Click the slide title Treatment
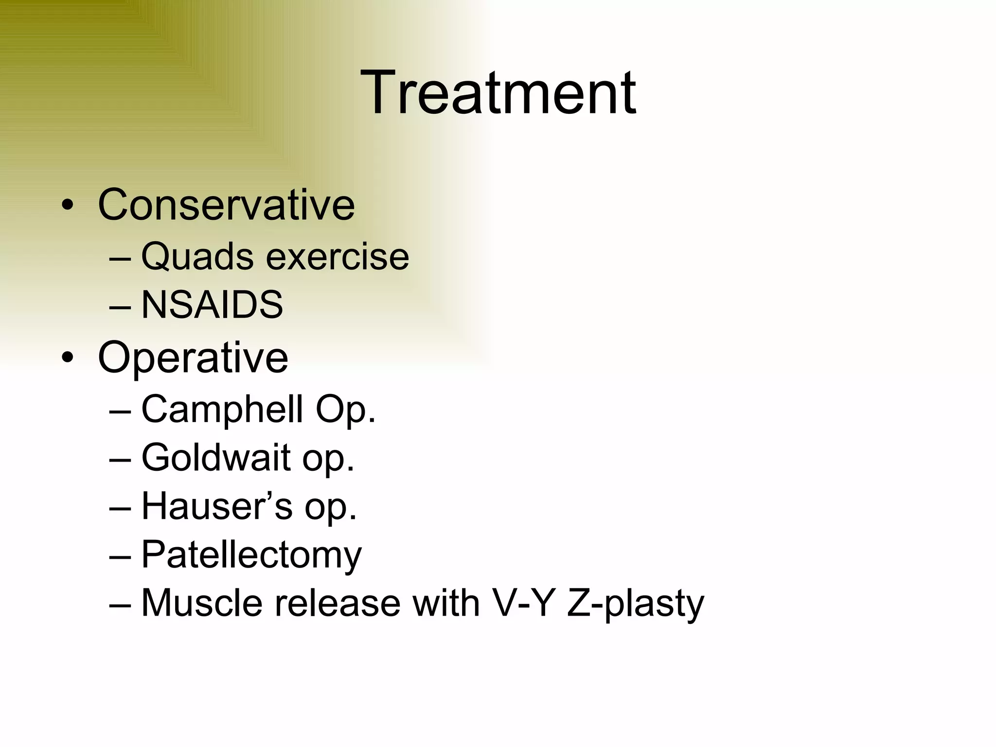(x=498, y=92)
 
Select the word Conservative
(x=226, y=205)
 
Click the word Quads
(x=197, y=256)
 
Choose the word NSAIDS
(x=212, y=305)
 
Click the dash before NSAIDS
(x=120, y=307)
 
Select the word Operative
(x=193, y=358)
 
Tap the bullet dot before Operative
(x=68, y=358)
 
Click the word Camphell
(x=222, y=409)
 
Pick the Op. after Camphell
(x=345, y=409)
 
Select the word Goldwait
(x=216, y=458)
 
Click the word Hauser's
(x=217, y=506)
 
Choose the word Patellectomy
(x=251, y=555)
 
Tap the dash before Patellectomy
(x=120, y=556)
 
